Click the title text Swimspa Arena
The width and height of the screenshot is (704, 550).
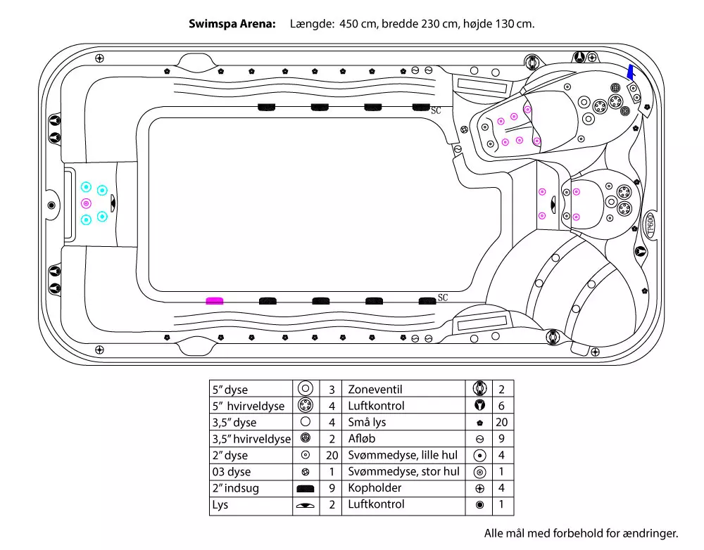pos(232,23)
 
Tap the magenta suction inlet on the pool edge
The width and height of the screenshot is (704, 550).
pos(214,300)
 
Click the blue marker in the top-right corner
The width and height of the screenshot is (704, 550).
pos(631,72)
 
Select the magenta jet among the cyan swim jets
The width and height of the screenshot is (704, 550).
pos(86,203)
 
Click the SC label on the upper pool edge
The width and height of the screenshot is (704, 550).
pos(436,110)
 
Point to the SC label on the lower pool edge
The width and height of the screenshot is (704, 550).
pos(442,298)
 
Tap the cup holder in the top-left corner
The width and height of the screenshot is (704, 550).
pos(100,58)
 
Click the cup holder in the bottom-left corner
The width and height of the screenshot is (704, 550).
pos(100,349)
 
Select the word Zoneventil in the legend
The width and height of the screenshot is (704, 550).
pos(375,389)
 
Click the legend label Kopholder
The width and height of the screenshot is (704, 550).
pos(375,487)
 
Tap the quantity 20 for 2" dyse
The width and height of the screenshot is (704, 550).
pos(332,455)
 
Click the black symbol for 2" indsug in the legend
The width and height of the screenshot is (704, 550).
pos(306,488)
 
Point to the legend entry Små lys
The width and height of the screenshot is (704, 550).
pos(367,422)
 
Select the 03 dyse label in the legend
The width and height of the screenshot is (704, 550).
pos(231,471)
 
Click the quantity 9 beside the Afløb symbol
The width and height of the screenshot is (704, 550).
pos(501,438)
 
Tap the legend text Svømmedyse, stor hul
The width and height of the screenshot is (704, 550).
pos(403,471)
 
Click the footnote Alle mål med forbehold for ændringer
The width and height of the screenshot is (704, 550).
pos(581,532)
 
